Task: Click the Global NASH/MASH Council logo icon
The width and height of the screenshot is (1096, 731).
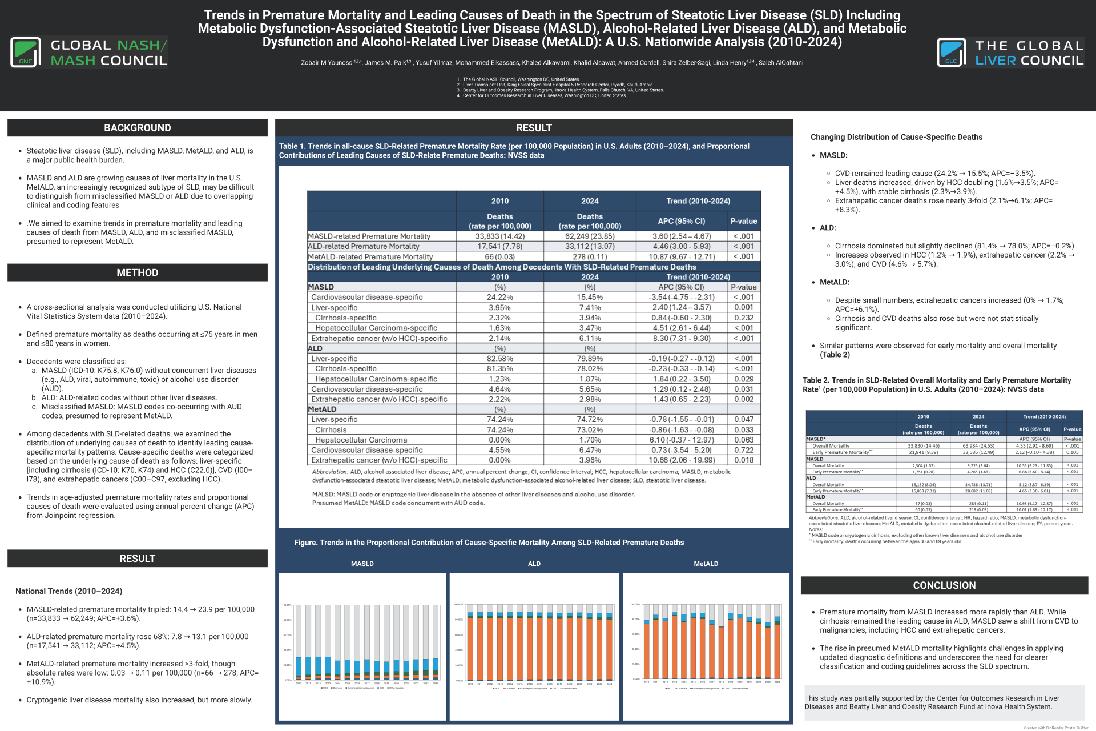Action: pos(26,53)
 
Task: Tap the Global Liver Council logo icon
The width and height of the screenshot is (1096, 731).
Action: pos(951,53)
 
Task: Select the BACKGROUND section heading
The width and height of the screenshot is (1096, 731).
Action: pos(137,128)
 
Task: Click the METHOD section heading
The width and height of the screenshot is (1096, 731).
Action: pos(137,273)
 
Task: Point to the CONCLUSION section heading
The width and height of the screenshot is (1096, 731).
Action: pos(944,585)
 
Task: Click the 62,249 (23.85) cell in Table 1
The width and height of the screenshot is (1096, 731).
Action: pos(590,236)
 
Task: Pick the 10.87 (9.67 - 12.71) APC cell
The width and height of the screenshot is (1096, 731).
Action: pos(682,257)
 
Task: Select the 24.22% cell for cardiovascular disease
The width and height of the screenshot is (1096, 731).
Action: pos(499,298)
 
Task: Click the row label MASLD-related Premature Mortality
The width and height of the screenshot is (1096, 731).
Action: pos(369,236)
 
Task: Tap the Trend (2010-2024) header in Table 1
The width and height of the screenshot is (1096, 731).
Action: pos(698,201)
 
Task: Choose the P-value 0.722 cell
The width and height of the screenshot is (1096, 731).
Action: pos(744,450)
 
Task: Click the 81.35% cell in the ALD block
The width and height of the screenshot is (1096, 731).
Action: pos(499,369)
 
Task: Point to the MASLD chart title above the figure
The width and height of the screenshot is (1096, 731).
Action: pos(362,564)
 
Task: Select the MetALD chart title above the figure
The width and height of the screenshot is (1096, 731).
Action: pos(706,564)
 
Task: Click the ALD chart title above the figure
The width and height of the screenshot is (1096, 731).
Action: pos(534,564)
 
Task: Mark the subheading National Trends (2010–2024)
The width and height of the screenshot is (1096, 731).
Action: pos(69,591)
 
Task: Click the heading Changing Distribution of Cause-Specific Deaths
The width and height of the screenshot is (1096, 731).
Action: pos(896,137)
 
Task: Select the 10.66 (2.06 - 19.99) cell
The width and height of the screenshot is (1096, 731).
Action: pos(682,460)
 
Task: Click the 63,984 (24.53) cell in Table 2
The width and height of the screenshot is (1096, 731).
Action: pos(978,446)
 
